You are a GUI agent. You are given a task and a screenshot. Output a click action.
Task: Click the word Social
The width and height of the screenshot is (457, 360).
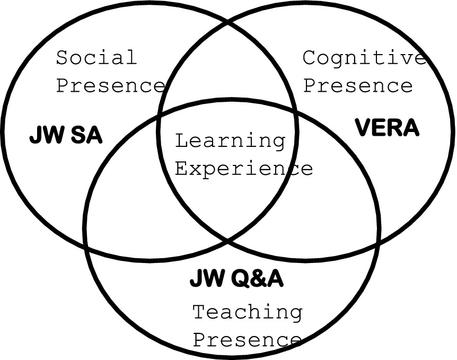(x=96, y=57)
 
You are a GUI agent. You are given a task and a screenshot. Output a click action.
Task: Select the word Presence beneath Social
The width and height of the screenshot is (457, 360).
(x=111, y=85)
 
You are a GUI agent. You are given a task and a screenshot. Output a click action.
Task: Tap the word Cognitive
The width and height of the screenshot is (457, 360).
(x=364, y=58)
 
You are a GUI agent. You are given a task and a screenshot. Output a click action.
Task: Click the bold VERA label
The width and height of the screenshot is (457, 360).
(x=386, y=128)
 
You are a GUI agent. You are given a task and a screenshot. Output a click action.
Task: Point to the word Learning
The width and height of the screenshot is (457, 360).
(x=230, y=141)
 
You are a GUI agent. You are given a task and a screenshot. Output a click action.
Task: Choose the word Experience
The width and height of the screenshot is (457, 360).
(x=243, y=169)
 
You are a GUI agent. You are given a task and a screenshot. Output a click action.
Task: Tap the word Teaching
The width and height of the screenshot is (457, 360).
(x=247, y=312)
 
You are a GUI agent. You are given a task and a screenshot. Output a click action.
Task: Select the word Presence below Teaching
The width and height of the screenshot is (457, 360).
(x=247, y=339)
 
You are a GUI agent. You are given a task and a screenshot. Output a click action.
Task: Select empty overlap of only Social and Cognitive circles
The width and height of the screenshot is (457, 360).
(x=228, y=69)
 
